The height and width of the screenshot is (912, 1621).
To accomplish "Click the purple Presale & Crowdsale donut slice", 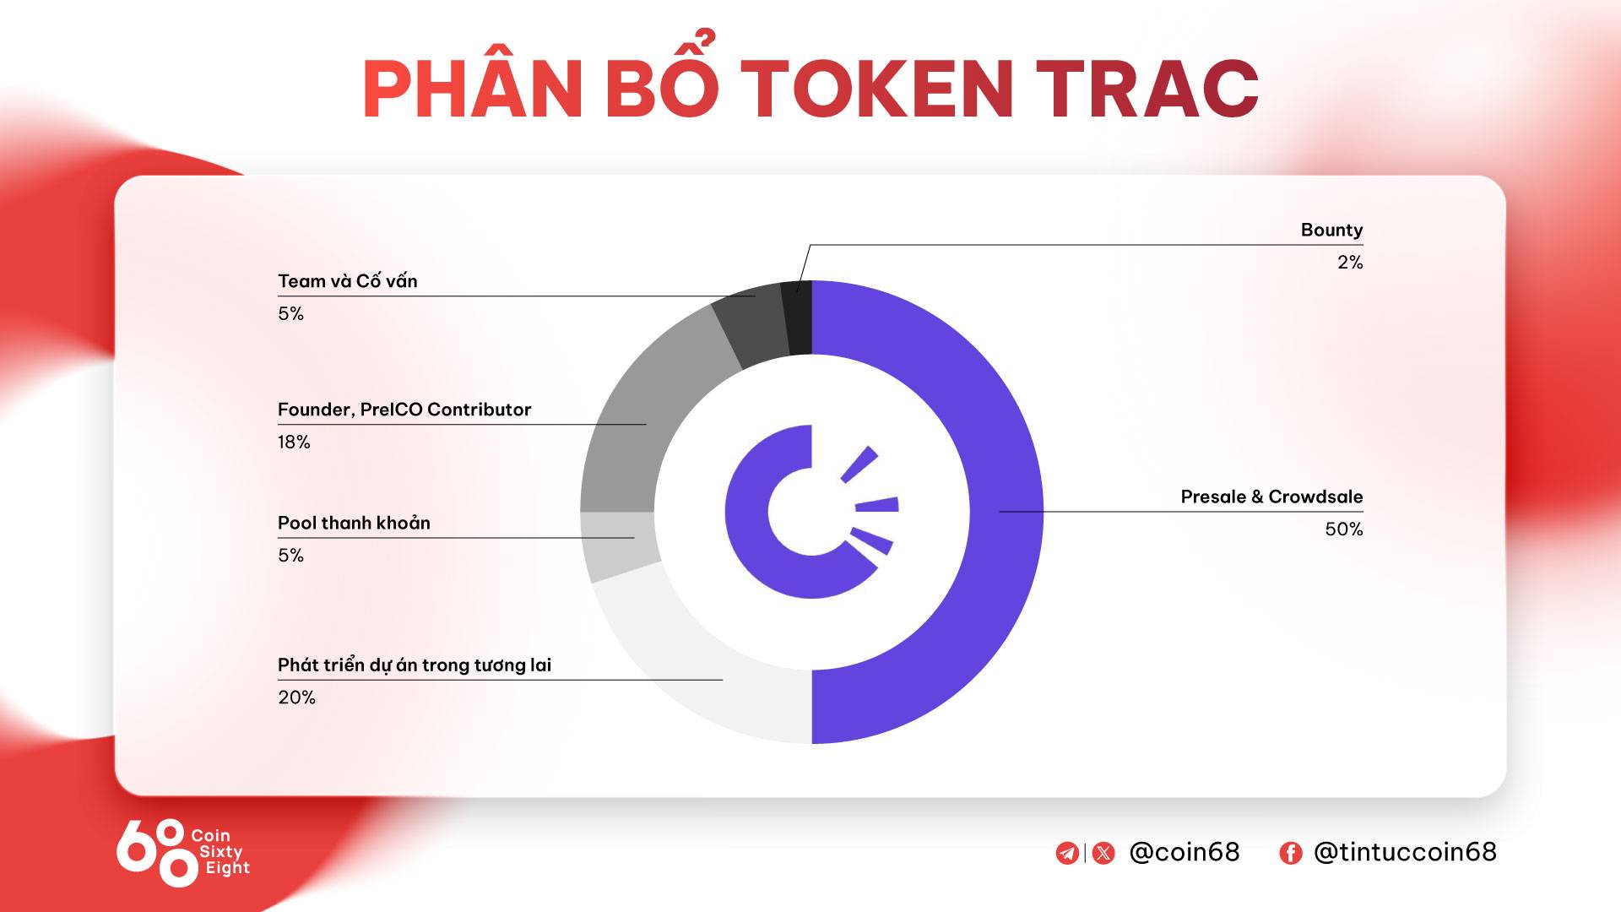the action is (1006, 512).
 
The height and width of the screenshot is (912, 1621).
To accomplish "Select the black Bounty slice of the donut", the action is (798, 318).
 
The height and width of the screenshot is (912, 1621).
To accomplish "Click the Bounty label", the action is (1331, 230).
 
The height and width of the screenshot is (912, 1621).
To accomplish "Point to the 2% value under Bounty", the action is (1350, 263).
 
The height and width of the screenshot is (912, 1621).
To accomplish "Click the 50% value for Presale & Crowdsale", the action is (1344, 529).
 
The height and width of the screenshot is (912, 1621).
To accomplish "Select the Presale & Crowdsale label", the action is (1271, 497).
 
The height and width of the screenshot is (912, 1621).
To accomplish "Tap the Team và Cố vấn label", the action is (348, 281).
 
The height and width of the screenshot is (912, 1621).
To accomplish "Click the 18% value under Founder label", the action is (294, 442).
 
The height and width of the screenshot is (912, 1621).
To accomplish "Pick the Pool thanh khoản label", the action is (354, 524).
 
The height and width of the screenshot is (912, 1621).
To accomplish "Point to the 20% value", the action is (296, 698).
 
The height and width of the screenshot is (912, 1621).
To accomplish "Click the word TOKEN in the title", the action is (878, 89).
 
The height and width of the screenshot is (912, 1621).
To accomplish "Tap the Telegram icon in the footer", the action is (1067, 853).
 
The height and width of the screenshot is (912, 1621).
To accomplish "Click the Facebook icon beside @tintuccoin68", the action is (1290, 853).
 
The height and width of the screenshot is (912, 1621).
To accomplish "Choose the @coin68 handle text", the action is (1185, 852).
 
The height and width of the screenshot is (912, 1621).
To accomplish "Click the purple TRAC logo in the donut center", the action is (810, 512).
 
